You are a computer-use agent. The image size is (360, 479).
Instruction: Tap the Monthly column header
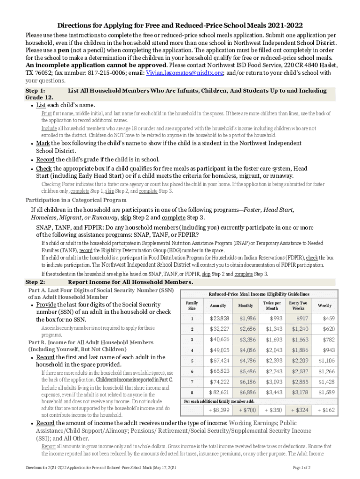(245, 305)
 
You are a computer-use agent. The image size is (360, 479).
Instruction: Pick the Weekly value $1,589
(326, 392)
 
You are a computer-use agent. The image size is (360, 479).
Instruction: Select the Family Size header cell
(192, 305)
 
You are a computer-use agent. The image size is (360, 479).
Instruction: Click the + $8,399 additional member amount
(218, 410)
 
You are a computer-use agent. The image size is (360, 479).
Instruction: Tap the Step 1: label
(35, 90)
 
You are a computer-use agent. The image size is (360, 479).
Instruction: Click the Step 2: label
(35, 282)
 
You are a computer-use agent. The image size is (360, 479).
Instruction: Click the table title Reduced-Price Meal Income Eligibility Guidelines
(259, 294)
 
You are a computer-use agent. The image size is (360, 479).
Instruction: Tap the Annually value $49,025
(219, 350)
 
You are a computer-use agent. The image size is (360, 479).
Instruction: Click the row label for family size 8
(192, 392)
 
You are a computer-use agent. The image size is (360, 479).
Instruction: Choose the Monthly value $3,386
(245, 340)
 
